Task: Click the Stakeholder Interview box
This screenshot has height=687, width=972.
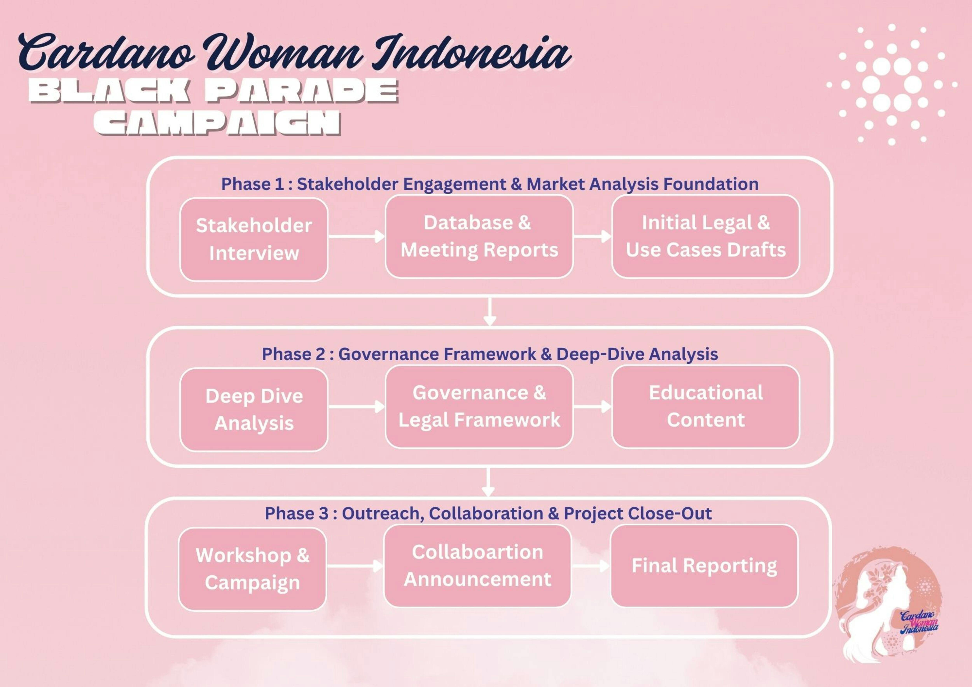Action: (x=254, y=240)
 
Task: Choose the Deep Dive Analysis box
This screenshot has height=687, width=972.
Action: (x=254, y=410)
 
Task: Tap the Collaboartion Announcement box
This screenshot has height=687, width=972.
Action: (x=477, y=566)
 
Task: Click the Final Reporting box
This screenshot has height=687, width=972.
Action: (x=704, y=566)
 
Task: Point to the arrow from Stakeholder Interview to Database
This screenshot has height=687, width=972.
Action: (x=357, y=236)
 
